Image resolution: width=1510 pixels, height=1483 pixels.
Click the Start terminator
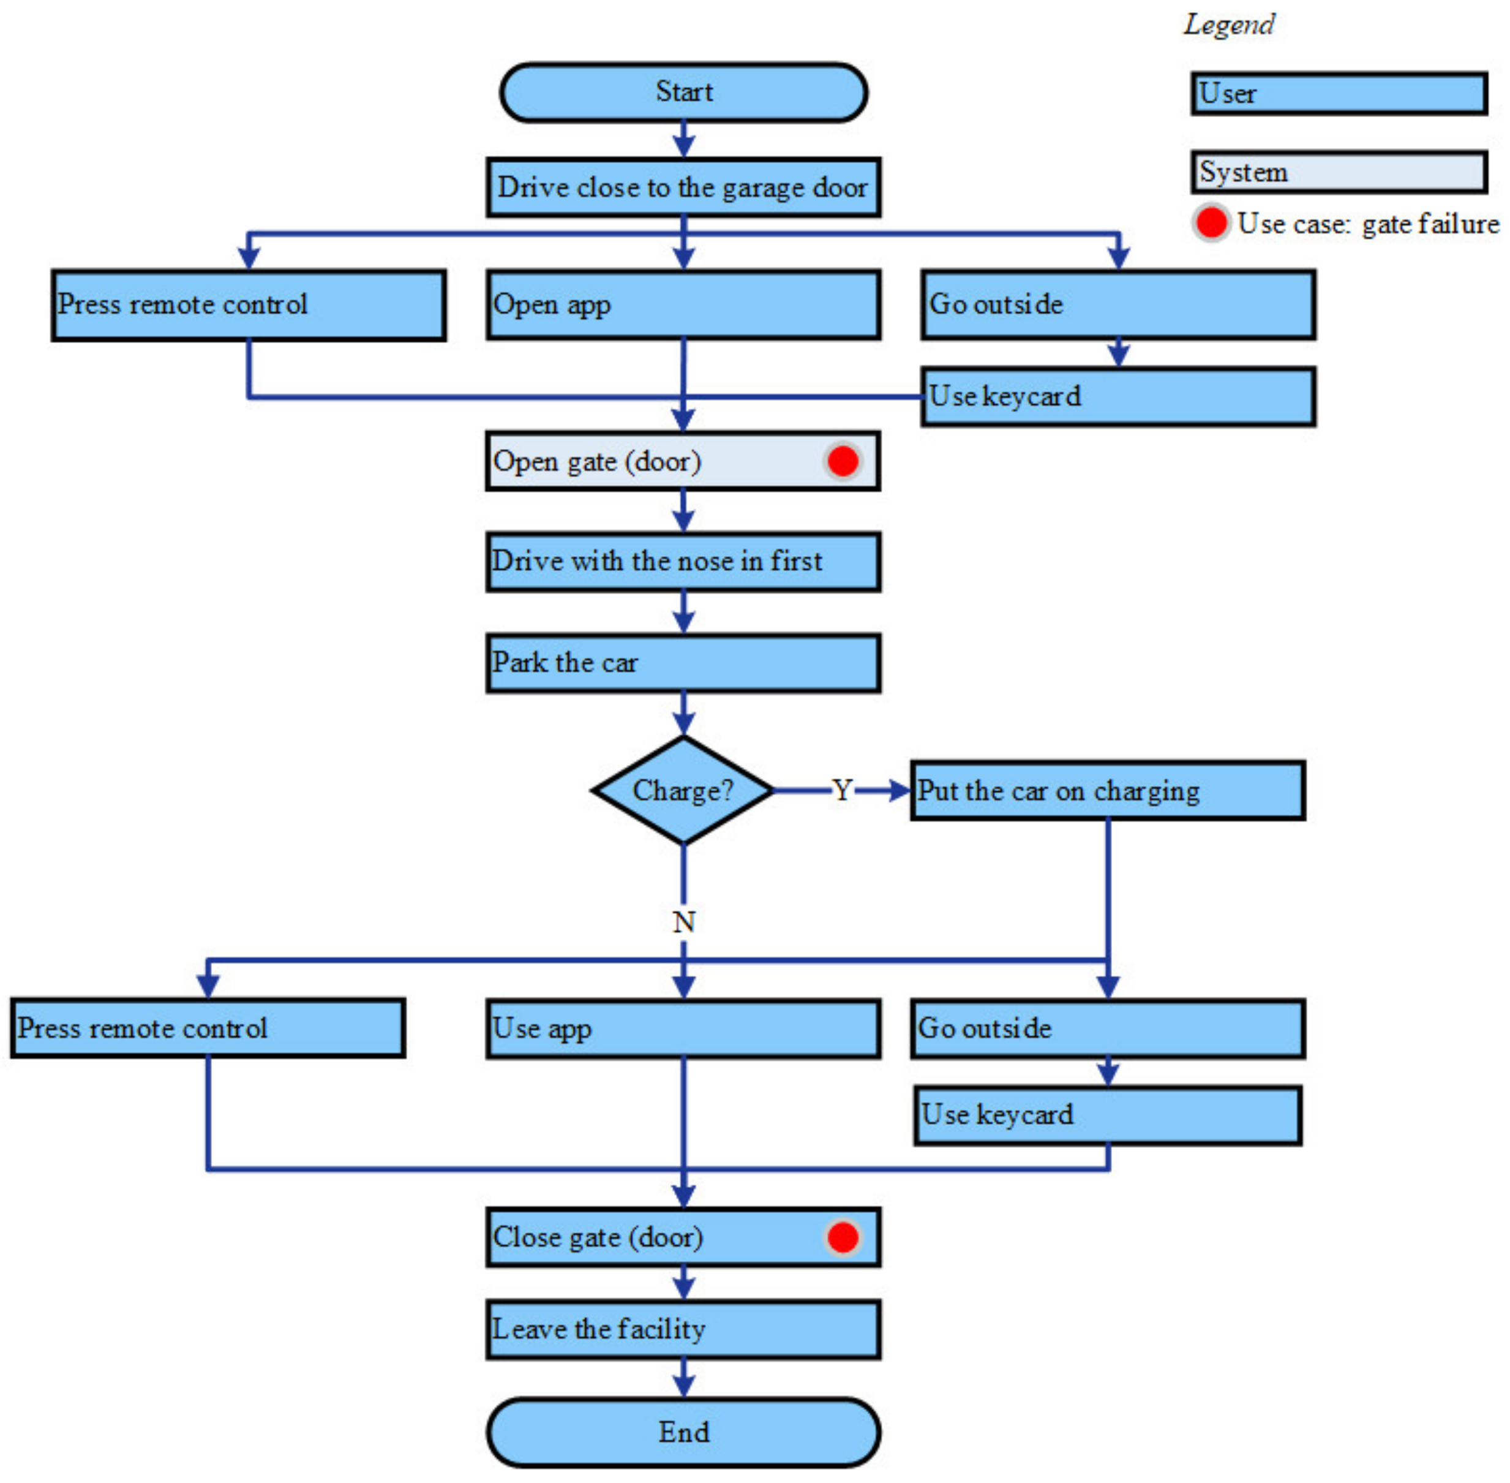683,92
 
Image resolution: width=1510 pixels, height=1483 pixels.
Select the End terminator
683,1432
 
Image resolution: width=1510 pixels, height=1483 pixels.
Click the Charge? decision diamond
683,790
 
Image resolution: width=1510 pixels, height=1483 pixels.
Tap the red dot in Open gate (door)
842,461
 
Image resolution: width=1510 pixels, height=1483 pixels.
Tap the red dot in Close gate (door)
842,1237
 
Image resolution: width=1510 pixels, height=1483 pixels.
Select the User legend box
1338,94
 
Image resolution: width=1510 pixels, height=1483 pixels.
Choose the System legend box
1338,172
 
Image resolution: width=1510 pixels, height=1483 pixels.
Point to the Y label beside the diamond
841,790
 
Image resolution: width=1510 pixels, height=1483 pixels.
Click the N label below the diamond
683,921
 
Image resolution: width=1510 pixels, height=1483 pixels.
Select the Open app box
683,304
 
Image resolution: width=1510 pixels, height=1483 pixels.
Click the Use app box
683,1028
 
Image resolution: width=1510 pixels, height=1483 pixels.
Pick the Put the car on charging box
1106,790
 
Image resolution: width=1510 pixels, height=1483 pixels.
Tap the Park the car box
683,662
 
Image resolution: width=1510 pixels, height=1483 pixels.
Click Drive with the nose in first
683,561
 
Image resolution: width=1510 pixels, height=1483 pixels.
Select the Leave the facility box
683,1329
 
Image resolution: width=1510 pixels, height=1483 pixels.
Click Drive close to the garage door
683,187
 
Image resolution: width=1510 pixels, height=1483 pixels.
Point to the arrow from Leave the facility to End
683,1379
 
